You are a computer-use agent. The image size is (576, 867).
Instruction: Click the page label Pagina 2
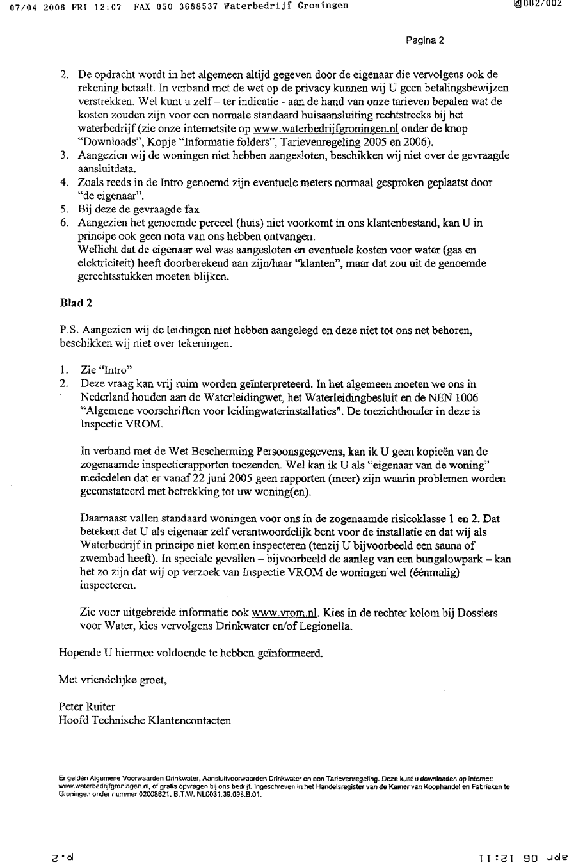click(425, 40)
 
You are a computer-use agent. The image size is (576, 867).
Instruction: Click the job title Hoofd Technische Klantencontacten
click(145, 720)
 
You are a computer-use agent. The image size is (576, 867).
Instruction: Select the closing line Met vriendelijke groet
click(113, 680)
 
